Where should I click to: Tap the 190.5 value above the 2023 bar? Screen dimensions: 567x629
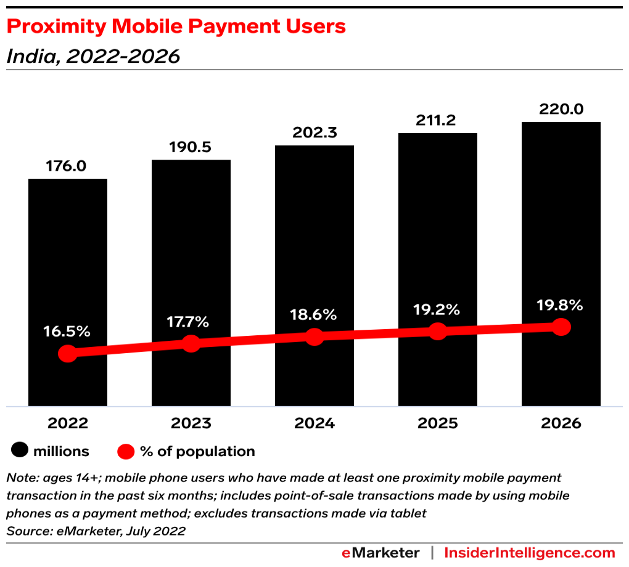click(191, 148)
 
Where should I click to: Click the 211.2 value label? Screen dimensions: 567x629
click(437, 120)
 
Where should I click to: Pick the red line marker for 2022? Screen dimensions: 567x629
click(68, 354)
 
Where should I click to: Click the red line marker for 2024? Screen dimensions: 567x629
click(314, 337)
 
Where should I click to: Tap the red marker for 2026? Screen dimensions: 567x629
click(561, 327)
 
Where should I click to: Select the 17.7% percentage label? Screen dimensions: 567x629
click(191, 322)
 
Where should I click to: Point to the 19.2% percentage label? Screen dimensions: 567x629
click(437, 309)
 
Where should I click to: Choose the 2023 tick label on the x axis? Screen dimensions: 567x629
click(191, 423)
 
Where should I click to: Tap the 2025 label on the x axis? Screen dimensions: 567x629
click(437, 423)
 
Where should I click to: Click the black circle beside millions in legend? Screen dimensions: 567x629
click(20, 451)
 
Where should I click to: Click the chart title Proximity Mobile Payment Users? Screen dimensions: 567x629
click(176, 27)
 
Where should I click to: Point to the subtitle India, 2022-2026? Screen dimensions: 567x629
click(93, 57)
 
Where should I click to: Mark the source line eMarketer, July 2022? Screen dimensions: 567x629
click(96, 531)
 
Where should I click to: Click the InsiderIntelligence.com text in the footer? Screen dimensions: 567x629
click(530, 553)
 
